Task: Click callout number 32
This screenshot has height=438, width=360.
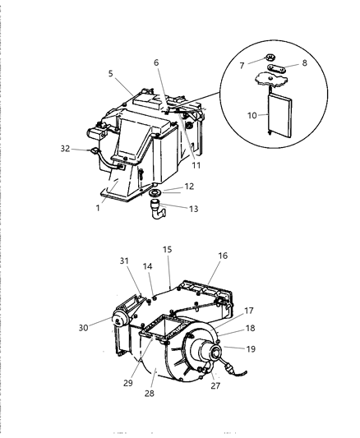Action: point(65,149)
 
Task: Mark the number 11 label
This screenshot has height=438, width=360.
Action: point(196,164)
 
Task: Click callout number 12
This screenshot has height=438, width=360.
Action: point(188,187)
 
